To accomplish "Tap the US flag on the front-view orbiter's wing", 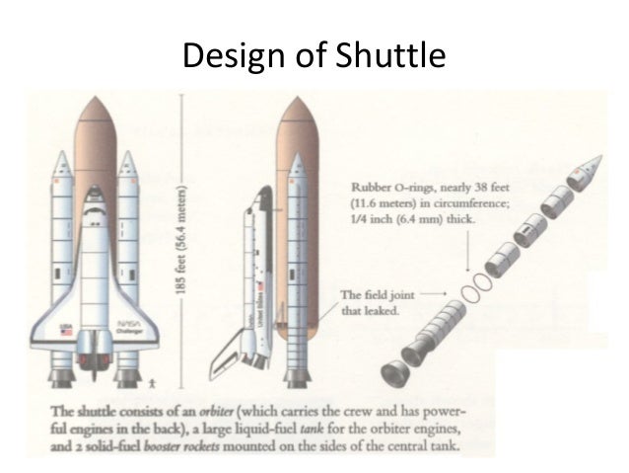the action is (x=67, y=331).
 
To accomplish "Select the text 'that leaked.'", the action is (x=370, y=309).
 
